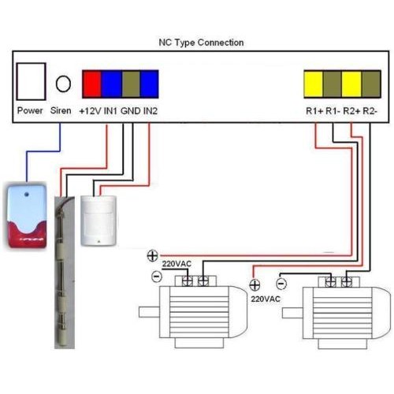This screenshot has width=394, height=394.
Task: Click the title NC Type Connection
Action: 201,43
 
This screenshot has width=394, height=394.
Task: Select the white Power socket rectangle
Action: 32,81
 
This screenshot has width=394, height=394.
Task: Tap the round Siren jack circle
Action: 63,84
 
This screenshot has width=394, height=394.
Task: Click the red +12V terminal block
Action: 91,84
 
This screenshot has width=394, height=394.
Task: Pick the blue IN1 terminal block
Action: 112,84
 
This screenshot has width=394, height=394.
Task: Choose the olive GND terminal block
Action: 131,84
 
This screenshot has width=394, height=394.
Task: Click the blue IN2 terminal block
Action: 149,84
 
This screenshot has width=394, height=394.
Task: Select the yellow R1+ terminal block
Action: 314,84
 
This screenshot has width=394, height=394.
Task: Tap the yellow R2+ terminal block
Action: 351,84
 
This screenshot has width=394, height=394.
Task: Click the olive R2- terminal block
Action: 371,84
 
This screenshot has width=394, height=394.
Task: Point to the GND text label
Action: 131,111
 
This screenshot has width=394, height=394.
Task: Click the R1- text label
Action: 333,111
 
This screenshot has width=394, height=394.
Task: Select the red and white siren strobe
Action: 27,217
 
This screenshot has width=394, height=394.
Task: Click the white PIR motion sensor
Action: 98,221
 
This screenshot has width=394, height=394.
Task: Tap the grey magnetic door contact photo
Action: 65,273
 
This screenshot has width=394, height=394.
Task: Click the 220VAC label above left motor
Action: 177,264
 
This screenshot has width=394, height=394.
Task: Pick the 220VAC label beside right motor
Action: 266,299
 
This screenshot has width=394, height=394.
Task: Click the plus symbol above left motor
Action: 152,255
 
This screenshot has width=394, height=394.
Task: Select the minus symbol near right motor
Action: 281,284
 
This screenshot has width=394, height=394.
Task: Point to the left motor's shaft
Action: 149,312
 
